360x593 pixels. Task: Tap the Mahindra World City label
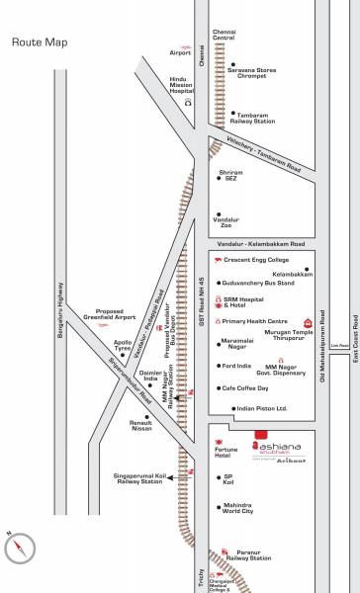coord(239,508)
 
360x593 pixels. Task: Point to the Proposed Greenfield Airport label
coord(110,314)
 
